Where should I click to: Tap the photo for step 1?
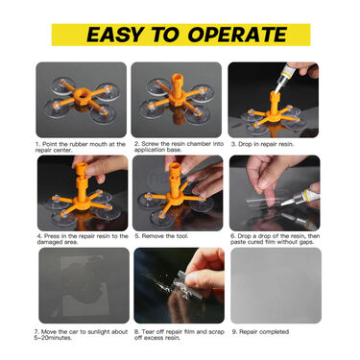[x=81, y=100]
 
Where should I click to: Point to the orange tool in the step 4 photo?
[x=81, y=188]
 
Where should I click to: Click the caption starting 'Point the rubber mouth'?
[x=81, y=146]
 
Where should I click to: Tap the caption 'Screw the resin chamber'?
[x=178, y=146]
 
